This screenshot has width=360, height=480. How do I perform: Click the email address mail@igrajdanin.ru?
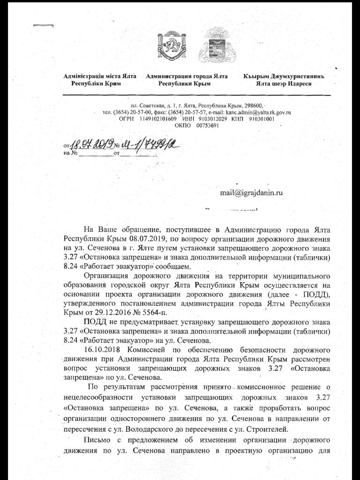pos(251,192)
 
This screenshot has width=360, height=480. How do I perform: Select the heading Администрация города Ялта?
pos(187,76)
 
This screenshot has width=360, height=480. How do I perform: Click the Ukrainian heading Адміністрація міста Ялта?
pos(100,76)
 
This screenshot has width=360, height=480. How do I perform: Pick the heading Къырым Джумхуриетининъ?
pos(284,76)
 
